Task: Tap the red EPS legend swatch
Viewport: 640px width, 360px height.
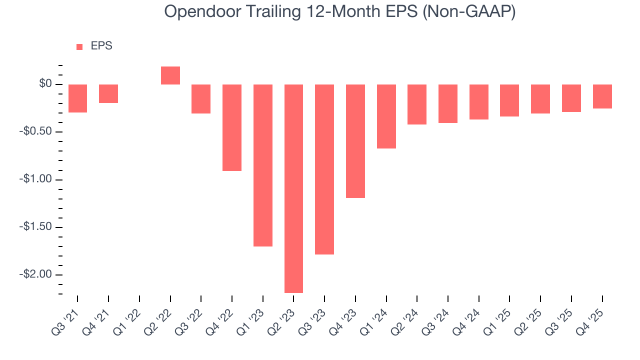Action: point(79,47)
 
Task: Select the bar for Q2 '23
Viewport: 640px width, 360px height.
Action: point(293,188)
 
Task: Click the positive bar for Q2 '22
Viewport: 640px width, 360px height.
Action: point(170,75)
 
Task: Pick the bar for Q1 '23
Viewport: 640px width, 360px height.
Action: point(263,165)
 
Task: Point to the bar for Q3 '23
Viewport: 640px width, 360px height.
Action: point(324,169)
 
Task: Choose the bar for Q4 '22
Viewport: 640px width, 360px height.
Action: point(232,127)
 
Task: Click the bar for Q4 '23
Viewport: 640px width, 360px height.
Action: point(355,141)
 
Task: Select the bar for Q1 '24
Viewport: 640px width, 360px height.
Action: point(386,116)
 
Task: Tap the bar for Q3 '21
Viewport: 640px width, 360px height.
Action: point(78,98)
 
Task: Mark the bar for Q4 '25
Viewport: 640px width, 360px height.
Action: point(602,96)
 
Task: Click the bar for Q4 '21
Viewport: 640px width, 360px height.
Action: point(108,93)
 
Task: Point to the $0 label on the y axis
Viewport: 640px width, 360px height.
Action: point(46,84)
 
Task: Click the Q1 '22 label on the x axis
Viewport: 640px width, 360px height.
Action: point(129,314)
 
